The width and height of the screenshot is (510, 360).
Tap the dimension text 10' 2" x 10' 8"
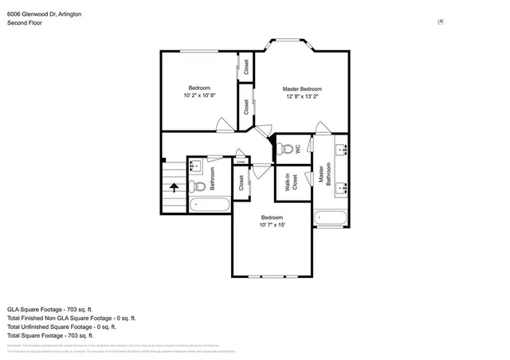(199, 95)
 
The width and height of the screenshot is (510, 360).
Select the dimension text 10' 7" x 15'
(272, 225)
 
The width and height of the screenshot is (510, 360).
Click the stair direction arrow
(173, 188)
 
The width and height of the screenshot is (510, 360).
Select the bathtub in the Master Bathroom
(330, 217)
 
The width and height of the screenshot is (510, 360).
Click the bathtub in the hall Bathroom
(210, 204)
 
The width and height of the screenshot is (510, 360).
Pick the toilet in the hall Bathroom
(198, 186)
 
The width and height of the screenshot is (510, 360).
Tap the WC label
(297, 148)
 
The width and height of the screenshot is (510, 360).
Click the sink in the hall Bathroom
(196, 166)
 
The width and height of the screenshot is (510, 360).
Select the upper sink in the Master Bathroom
(341, 149)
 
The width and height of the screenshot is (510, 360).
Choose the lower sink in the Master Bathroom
(341, 188)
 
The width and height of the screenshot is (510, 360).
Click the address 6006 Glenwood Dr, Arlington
(44, 14)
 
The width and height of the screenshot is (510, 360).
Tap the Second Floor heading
(25, 24)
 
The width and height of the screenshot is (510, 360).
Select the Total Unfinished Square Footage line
(61, 327)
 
